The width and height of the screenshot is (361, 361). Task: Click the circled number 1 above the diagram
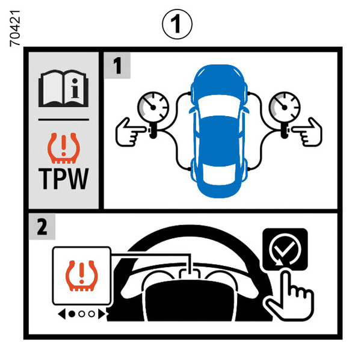pyautogui.click(x=177, y=24)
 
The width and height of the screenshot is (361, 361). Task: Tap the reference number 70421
pyautogui.click(x=15, y=28)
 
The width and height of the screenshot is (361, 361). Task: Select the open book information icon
pyautogui.click(x=64, y=88)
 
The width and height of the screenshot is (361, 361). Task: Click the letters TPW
pyautogui.click(x=64, y=179)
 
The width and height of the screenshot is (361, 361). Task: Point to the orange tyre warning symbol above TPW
pyautogui.click(x=64, y=148)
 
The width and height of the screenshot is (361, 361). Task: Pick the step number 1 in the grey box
pyautogui.click(x=117, y=66)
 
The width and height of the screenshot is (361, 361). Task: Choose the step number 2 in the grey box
pyautogui.click(x=42, y=227)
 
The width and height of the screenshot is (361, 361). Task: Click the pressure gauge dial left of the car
pyautogui.click(x=153, y=107)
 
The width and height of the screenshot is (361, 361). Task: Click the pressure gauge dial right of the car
pyautogui.click(x=285, y=107)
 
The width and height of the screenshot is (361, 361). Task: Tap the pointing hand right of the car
pyautogui.click(x=307, y=133)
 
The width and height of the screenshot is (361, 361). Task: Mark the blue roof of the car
pyautogui.click(x=219, y=140)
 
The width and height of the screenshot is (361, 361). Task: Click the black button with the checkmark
pyautogui.click(x=285, y=249)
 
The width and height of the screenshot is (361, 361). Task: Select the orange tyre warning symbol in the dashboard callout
pyautogui.click(x=81, y=276)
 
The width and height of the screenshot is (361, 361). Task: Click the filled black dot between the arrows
pyautogui.click(x=72, y=314)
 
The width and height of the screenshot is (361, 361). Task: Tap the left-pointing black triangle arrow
pyautogui.click(x=62, y=314)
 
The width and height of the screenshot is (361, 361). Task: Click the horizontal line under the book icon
pyautogui.click(x=64, y=120)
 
